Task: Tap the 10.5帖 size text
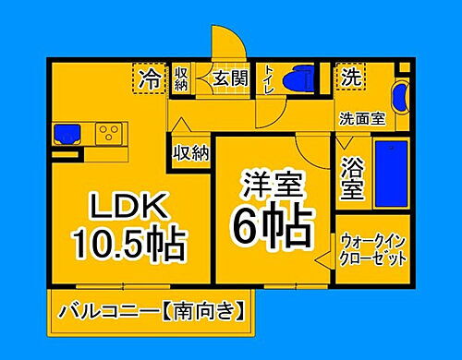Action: pyautogui.click(x=128, y=244)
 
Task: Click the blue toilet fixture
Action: pyautogui.click(x=299, y=78)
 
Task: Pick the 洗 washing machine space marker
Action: pyautogui.click(x=351, y=76)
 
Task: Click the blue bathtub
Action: pyautogui.click(x=393, y=175)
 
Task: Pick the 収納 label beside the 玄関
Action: pyautogui.click(x=181, y=78)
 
